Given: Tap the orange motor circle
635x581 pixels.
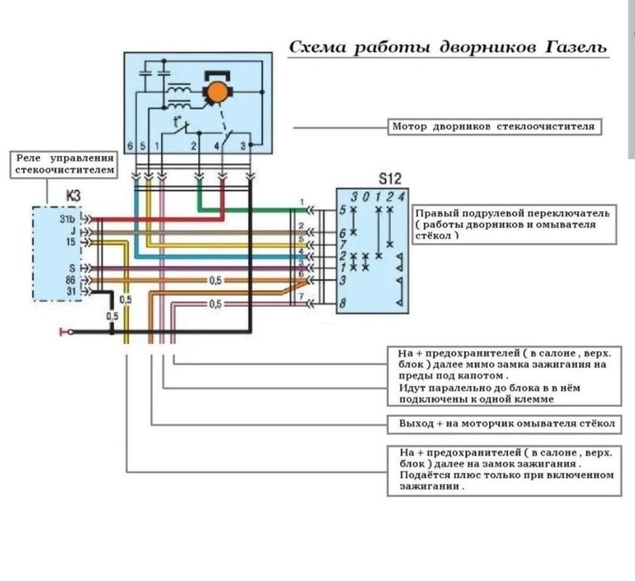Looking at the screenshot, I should (218, 92).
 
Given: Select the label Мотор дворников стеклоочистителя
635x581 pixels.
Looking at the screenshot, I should (496, 127).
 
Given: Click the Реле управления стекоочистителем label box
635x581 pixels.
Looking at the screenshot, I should (64, 165).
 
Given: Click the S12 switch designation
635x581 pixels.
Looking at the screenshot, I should (389, 181).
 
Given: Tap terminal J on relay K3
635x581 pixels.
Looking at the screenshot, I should (73, 231).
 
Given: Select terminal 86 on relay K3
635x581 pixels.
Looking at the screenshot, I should (70, 280).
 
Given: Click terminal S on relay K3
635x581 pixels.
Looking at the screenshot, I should (73, 267).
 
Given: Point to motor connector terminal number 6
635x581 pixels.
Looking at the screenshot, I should (129, 144).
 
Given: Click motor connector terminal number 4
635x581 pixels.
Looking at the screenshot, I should (218, 144).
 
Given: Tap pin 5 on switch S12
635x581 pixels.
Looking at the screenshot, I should (342, 210).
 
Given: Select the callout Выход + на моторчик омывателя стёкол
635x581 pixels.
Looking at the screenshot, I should (505, 423).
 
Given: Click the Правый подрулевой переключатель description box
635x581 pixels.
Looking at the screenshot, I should (513, 225).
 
